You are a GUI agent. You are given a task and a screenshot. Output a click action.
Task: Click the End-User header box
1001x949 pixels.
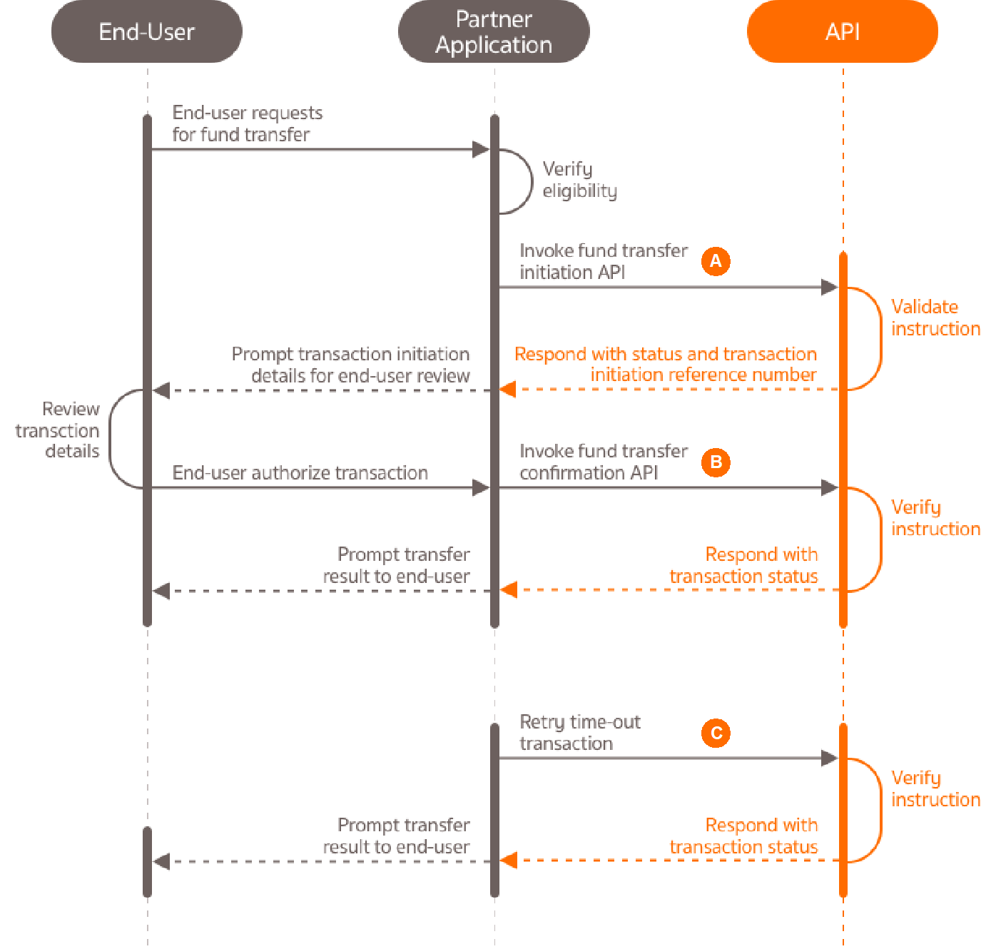coord(146,32)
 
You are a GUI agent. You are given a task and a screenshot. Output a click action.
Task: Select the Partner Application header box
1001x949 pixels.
coord(494,32)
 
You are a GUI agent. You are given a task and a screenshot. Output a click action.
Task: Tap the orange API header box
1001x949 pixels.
coord(842,32)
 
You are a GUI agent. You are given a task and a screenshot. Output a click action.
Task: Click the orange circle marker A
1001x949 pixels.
coord(716,261)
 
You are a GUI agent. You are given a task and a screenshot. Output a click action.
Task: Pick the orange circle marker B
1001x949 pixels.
coord(716,462)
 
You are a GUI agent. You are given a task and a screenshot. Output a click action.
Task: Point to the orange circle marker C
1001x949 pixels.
coord(716,733)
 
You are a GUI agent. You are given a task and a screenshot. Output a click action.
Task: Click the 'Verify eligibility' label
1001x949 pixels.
coord(579,180)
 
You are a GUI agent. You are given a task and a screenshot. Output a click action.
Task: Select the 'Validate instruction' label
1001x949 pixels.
coord(935,318)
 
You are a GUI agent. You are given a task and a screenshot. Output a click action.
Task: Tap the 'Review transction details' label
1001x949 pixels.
coord(59,430)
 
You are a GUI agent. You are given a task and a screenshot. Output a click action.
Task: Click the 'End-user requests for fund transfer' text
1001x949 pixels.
coord(247,123)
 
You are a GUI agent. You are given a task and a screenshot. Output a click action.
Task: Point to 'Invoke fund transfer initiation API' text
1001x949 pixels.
coord(603,261)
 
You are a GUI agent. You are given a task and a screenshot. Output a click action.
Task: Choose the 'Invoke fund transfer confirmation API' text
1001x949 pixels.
coord(603,462)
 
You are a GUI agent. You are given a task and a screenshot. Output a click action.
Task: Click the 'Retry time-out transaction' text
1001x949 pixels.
coord(579,733)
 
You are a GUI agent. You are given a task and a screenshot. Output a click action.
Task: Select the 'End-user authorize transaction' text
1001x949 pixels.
coord(300,472)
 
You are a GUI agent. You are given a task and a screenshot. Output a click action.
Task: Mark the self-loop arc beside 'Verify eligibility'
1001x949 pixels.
coord(531,181)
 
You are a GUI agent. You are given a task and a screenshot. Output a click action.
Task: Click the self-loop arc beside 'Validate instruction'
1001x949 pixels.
coord(880,339)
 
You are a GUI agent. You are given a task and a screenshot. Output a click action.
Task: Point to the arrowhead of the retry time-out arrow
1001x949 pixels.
coord(829,758)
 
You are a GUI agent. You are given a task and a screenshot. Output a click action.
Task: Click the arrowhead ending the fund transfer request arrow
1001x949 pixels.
coord(481,149)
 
